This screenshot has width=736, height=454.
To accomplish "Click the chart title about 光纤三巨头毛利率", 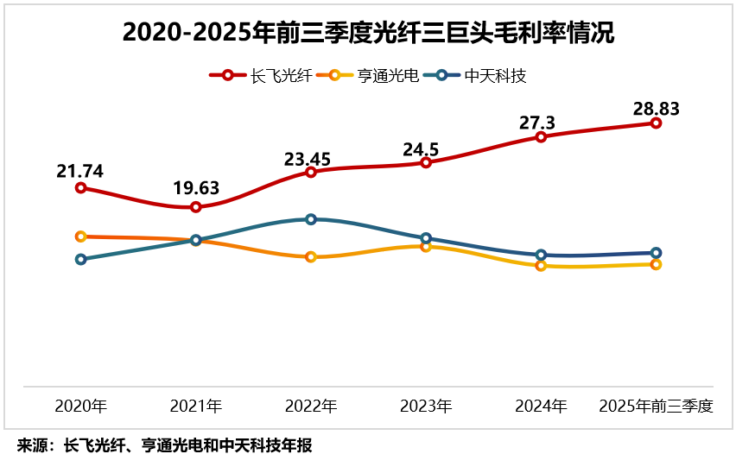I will (x=368, y=34).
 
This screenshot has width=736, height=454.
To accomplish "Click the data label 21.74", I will (x=80, y=171).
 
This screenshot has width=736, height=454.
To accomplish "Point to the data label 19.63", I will (x=195, y=188).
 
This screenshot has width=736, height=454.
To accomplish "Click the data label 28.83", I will (x=656, y=109).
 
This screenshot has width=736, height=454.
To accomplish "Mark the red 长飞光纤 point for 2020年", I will (x=80, y=187).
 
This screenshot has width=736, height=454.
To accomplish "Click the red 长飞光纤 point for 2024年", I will (x=541, y=136).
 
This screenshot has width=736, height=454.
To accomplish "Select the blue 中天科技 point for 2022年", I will (x=311, y=219).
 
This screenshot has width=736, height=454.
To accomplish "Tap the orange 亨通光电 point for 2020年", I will (x=80, y=236).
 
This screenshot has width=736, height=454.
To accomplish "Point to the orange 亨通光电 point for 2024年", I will (x=541, y=266).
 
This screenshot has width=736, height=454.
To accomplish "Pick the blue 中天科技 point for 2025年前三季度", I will (x=656, y=253).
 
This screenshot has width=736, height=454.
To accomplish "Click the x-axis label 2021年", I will (x=195, y=406).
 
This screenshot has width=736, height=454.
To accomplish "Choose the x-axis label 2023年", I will (x=425, y=406).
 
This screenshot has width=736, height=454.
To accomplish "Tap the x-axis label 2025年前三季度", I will (x=656, y=406).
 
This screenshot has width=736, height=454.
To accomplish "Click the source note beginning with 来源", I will (x=164, y=445).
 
